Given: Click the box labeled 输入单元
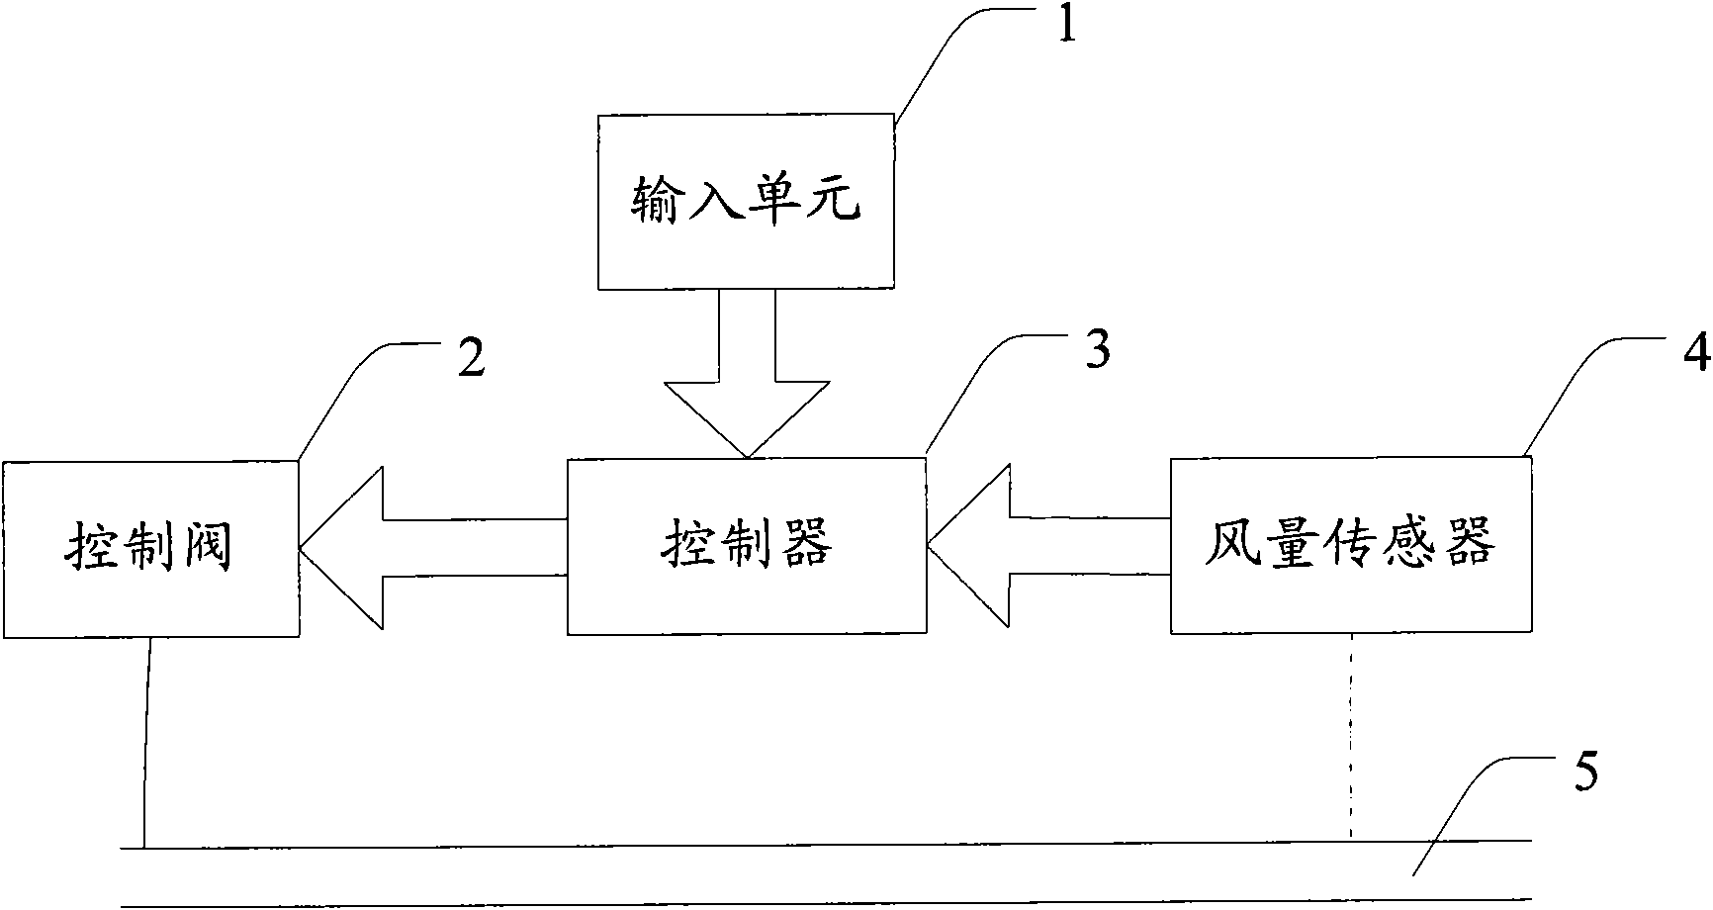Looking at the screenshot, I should pos(746,202).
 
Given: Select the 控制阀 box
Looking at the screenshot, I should pos(150,548).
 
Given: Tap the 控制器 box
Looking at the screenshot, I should pos(746,545).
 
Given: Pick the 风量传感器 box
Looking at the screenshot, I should pos(1351,545).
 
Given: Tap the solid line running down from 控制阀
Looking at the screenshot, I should pos(147,742).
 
